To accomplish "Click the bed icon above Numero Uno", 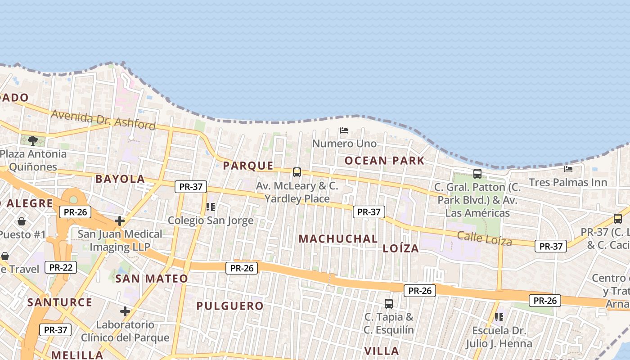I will (344, 130).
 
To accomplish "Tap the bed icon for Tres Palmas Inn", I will (568, 169).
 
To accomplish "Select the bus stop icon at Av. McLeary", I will (297, 172).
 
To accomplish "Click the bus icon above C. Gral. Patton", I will (477, 173).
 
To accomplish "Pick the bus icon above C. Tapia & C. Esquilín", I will (389, 303).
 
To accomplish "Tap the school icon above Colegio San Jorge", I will (210, 207).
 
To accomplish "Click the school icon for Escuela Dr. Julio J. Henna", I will (499, 317).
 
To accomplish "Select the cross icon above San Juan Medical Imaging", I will (120, 221).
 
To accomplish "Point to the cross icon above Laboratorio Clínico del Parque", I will (125, 311).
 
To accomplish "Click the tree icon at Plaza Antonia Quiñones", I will (32, 141).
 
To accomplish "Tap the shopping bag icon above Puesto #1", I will (22, 221).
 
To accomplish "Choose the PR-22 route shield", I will (61, 267).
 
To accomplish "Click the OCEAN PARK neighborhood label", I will (384, 161).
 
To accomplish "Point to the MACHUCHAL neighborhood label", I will (338, 238).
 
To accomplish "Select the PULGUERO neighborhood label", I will (229, 306).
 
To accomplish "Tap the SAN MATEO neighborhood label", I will (152, 279).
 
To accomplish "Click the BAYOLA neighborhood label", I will (120, 179).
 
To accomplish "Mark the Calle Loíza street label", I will (484, 238).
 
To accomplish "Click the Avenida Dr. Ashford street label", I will (103, 119).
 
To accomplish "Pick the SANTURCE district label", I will (59, 302).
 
